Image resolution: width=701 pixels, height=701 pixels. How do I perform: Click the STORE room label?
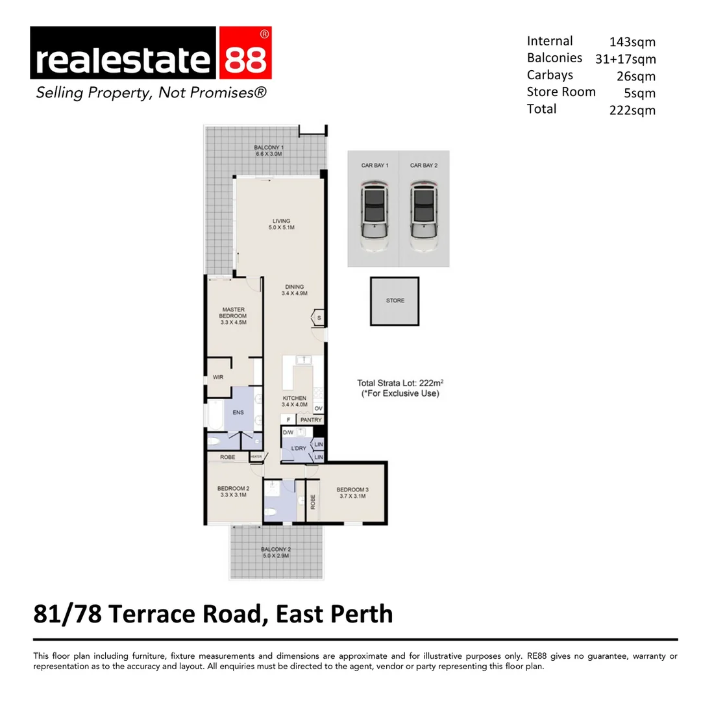(x=395, y=301)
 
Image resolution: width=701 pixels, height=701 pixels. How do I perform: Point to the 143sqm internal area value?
(x=632, y=42)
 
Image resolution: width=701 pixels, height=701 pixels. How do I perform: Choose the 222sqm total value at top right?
(x=632, y=110)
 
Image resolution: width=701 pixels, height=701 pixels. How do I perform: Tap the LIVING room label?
(x=282, y=221)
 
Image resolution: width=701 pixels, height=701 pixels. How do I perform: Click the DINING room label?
(x=294, y=287)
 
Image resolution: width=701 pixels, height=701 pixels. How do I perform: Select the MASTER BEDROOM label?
(x=233, y=313)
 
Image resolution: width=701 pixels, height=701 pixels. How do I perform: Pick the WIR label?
(x=218, y=377)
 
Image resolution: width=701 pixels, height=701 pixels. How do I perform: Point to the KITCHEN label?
(x=294, y=398)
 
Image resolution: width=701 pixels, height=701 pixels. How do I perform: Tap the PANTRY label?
(x=311, y=420)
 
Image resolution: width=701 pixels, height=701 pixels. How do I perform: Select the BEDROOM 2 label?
(x=233, y=489)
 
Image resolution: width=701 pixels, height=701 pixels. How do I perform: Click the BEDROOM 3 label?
(x=352, y=489)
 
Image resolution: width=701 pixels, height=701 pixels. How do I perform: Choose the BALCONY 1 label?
(x=268, y=147)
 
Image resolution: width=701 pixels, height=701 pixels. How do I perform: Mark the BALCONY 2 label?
(x=276, y=549)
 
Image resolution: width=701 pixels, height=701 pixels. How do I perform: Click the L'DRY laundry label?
(x=299, y=449)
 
